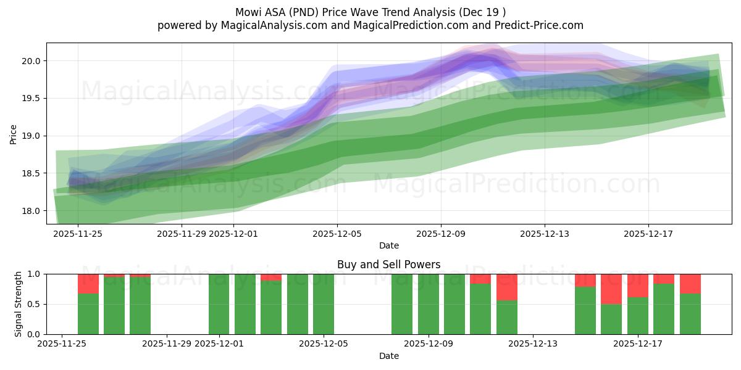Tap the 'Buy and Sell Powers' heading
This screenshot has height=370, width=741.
(x=388, y=265)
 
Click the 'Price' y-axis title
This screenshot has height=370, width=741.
(x=14, y=134)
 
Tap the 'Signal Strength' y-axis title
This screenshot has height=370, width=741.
(x=19, y=304)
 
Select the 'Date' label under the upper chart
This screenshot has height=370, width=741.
(x=388, y=245)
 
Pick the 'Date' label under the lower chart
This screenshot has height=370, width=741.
(x=388, y=356)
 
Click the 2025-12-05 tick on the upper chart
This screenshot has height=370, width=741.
(x=337, y=234)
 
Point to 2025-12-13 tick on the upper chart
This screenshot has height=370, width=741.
(x=544, y=234)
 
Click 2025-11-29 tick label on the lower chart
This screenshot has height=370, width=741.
(x=167, y=344)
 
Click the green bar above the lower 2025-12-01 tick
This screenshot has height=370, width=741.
(x=219, y=304)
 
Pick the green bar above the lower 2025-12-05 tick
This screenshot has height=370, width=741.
(x=324, y=304)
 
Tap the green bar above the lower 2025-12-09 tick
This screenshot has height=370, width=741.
(x=429, y=304)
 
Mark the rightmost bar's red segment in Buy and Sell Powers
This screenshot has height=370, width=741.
(x=690, y=284)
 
